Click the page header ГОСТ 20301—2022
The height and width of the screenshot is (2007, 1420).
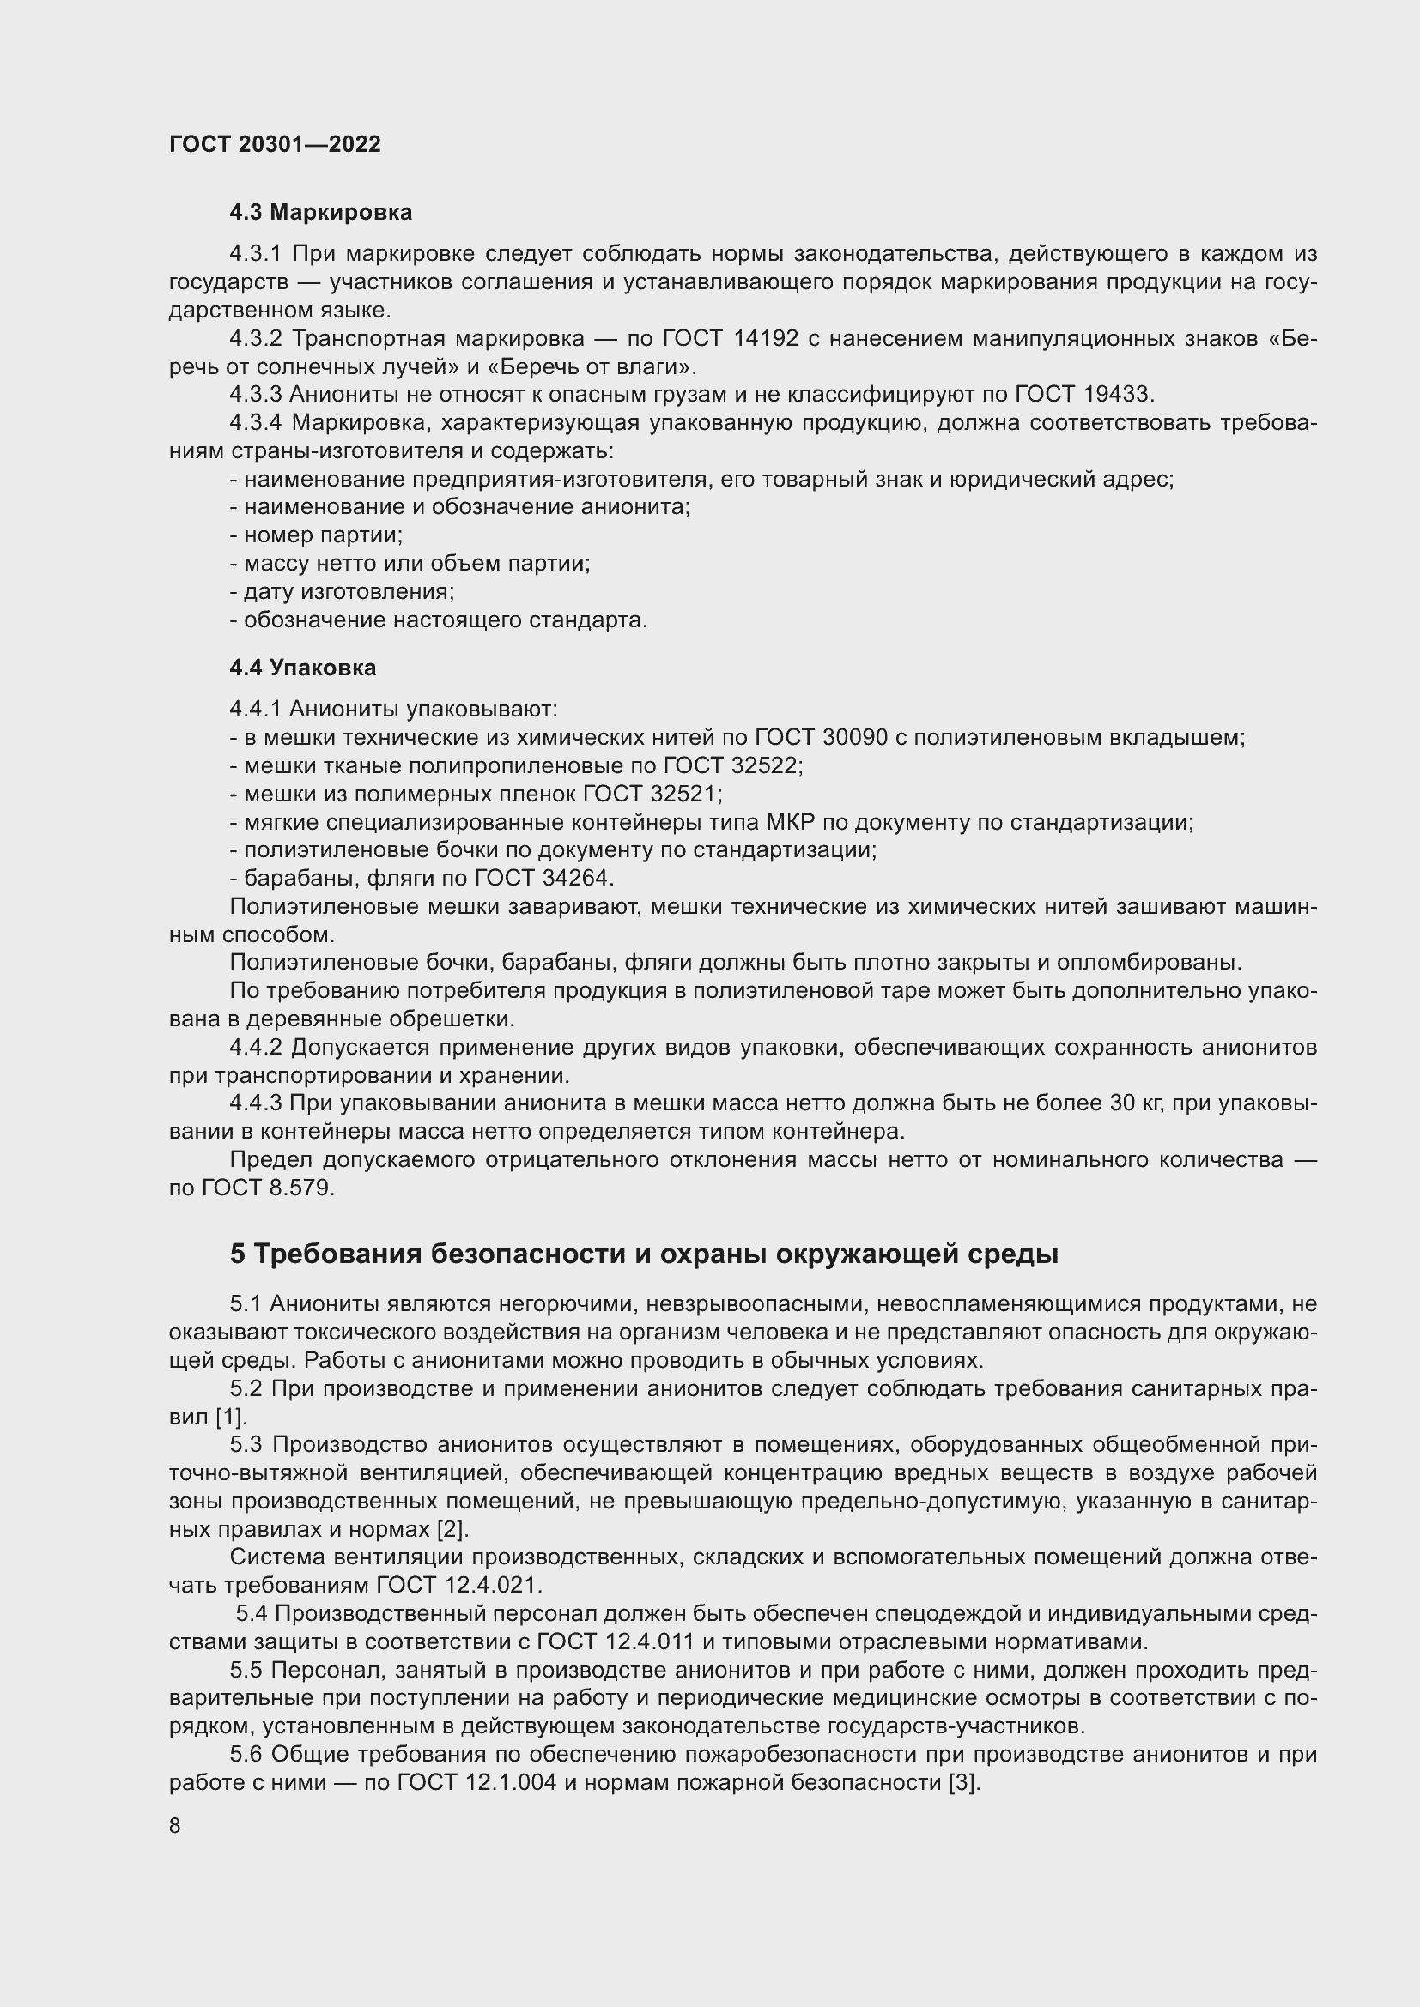point(275,144)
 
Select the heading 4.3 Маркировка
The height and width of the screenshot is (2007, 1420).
point(320,213)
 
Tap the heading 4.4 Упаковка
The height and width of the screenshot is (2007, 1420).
point(302,668)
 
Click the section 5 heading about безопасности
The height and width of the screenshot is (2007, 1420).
point(644,1254)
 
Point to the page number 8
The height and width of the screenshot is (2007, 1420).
point(175,1826)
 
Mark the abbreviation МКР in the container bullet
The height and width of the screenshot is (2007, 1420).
point(790,822)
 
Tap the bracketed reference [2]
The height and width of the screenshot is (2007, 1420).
point(452,1529)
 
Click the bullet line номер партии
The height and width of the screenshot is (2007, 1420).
point(317,535)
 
